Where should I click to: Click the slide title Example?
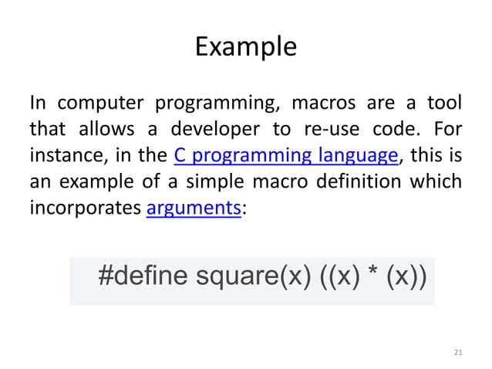click(x=245, y=47)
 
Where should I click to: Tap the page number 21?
click(x=457, y=353)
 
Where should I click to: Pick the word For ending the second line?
click(x=448, y=130)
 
